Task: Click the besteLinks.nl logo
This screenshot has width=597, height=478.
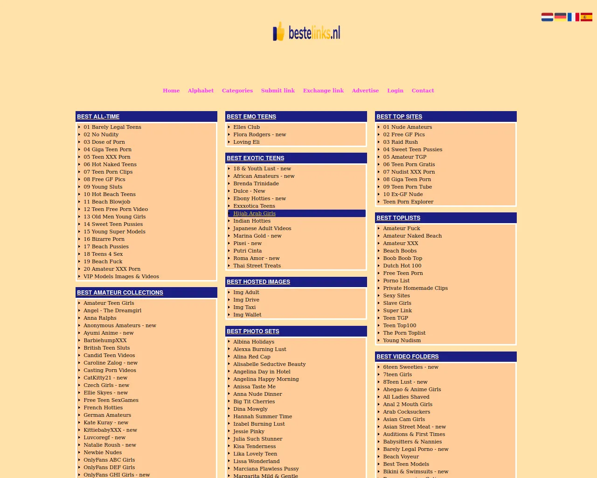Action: (307, 32)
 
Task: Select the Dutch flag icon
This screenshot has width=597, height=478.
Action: (547, 17)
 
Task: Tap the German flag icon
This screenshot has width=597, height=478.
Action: (560, 17)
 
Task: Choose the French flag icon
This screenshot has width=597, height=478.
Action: (573, 17)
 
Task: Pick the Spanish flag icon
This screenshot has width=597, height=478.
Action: (586, 17)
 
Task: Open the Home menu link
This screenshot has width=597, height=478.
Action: (171, 91)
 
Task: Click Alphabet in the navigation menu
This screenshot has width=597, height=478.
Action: (201, 91)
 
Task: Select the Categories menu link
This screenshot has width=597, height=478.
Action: (237, 91)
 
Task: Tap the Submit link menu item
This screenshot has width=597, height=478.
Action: (278, 91)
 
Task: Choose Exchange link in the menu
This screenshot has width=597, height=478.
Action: (323, 91)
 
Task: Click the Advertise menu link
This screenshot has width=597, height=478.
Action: (365, 91)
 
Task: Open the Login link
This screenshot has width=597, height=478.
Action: (395, 91)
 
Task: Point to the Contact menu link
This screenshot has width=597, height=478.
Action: (423, 91)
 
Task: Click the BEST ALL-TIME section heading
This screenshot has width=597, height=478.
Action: (98, 117)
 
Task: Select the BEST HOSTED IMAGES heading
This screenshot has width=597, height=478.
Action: (258, 282)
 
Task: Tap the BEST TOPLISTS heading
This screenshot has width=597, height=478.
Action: (398, 218)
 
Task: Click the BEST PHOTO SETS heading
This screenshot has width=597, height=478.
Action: (253, 331)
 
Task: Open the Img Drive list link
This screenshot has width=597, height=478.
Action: (246, 300)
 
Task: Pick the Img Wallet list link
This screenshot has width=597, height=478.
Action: (247, 315)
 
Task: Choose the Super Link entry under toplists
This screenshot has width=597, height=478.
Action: (397, 310)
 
